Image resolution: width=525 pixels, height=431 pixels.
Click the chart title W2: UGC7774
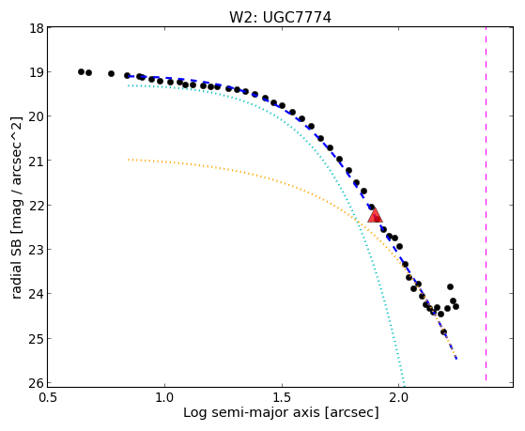coord(280,18)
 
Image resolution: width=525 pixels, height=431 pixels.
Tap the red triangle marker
coord(375,215)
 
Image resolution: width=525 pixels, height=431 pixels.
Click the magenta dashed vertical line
coord(486,205)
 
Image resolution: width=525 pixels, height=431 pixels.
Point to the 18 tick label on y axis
coord(36,28)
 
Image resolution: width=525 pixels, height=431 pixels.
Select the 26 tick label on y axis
coord(36,383)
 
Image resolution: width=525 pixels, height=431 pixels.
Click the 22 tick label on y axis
coord(36,206)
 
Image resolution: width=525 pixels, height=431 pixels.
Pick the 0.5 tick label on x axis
coord(48,397)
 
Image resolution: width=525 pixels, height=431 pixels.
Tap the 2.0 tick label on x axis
coord(399,397)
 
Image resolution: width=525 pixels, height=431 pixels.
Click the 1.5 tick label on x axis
coord(282,397)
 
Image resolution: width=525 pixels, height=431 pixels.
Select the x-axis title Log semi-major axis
coord(251,412)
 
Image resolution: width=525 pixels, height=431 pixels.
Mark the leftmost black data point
coord(81,72)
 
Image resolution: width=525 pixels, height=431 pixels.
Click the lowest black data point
coord(443,332)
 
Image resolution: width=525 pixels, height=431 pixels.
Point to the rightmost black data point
coord(456,306)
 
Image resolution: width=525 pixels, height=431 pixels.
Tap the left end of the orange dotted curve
coord(129,160)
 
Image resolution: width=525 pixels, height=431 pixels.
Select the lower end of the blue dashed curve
coord(456,359)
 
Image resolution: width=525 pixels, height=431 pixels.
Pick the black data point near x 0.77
coord(111,73)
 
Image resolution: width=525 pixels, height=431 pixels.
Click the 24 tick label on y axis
coord(36,294)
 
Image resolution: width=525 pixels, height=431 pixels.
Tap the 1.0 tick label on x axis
coord(164,397)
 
